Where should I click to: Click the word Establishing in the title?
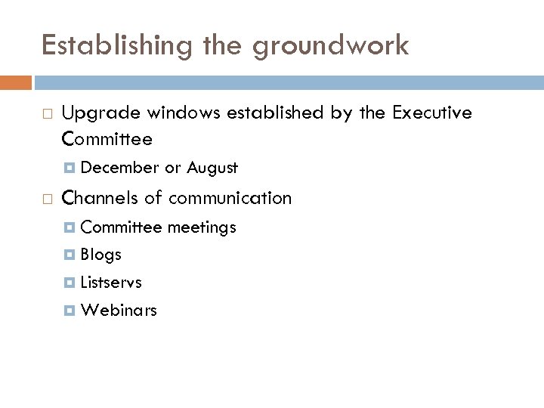pos(105,46)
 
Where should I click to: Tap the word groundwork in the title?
pos(331,46)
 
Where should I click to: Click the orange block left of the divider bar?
pos(15,82)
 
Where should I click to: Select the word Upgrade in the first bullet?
pos(100,113)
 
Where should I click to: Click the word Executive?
pos(432,113)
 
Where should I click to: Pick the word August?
pos(212,168)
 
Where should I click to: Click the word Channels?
pos(100,199)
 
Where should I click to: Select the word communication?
pos(230,199)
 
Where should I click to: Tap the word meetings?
pos(202,227)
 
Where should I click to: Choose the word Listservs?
pos(111,283)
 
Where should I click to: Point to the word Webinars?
pos(119,311)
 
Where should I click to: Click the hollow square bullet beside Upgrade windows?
pos(47,114)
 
